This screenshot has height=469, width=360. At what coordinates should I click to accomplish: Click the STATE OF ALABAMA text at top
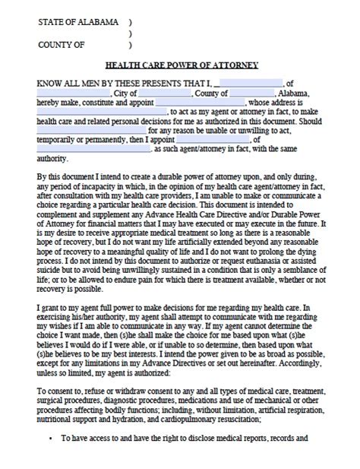coord(78,23)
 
